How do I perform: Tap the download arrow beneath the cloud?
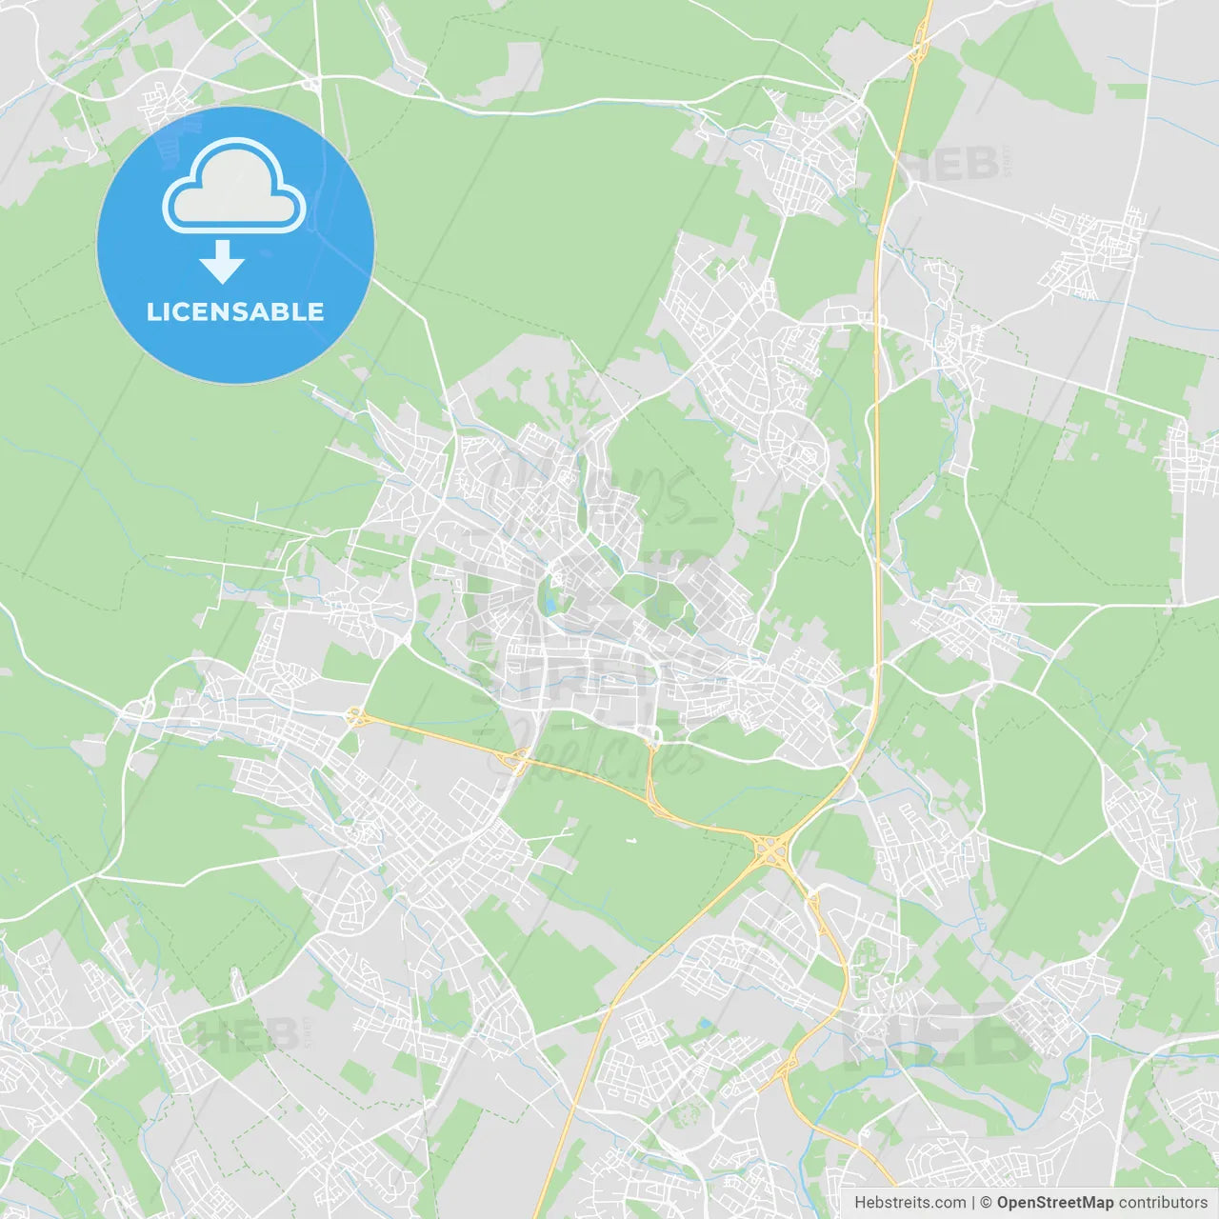(223, 262)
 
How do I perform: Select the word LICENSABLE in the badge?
(235, 311)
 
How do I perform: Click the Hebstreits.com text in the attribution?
(909, 1203)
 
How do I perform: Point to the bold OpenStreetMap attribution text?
(1054, 1203)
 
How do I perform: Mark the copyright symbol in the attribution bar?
(986, 1203)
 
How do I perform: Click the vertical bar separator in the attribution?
(973, 1203)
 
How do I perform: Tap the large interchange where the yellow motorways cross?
(769, 847)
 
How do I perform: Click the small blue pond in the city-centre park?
(550, 598)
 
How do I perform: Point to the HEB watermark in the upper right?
(952, 164)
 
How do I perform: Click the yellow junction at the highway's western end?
(356, 717)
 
